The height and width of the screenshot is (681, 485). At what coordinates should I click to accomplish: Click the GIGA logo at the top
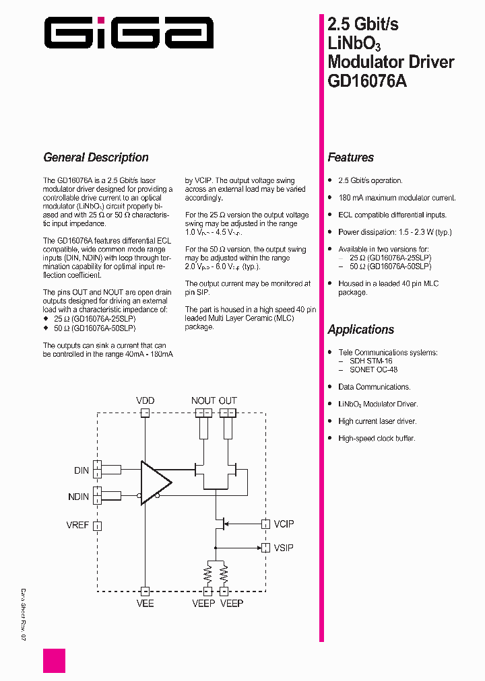(x=129, y=32)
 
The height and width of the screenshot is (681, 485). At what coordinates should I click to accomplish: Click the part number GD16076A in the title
(x=367, y=81)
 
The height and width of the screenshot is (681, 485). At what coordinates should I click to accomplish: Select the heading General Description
(x=96, y=157)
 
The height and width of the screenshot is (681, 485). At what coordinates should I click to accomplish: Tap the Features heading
(x=350, y=157)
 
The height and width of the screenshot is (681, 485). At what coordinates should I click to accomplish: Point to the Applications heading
(x=360, y=330)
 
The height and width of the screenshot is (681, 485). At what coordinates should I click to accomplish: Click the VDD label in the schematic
(x=145, y=400)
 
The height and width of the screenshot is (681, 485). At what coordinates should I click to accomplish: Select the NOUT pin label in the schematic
(x=203, y=400)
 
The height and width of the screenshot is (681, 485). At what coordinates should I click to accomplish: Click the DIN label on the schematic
(x=82, y=470)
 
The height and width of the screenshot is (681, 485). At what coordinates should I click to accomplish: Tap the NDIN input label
(x=78, y=497)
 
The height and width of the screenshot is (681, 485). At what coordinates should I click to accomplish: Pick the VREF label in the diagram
(x=77, y=525)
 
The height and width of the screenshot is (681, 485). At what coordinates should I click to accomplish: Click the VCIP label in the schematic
(x=284, y=524)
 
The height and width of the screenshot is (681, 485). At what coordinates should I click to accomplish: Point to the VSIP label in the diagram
(x=284, y=548)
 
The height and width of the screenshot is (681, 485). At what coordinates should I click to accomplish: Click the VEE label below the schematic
(x=145, y=603)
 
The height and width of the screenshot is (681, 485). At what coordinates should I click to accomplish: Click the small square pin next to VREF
(x=97, y=526)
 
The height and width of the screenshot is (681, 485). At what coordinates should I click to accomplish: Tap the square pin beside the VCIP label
(x=265, y=524)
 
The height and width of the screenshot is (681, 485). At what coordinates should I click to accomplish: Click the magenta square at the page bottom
(x=55, y=661)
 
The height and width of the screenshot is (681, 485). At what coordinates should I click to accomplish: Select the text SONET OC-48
(x=373, y=369)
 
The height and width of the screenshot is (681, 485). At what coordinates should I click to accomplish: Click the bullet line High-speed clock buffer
(x=377, y=438)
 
